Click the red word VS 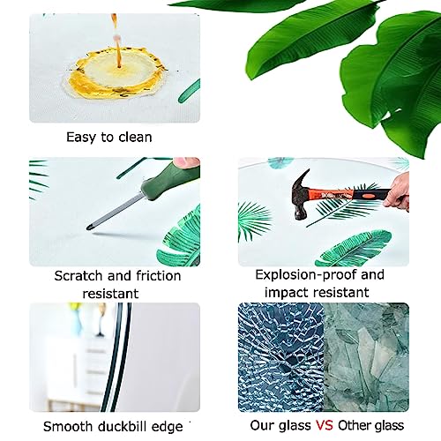(x=325, y=425)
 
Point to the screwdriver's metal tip (x=88, y=228)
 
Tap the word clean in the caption (x=135, y=137)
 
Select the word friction (x=159, y=276)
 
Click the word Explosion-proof (x=306, y=275)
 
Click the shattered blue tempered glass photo (x=280, y=357)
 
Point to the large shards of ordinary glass (x=366, y=357)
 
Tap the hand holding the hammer (x=398, y=192)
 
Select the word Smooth (x=68, y=426)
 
